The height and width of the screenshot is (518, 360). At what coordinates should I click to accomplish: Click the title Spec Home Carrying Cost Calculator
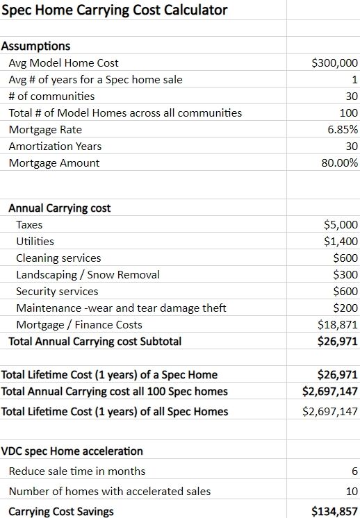(115, 10)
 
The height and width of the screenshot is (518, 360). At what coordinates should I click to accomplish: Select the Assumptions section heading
(36, 46)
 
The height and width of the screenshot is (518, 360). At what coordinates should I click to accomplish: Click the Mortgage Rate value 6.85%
(343, 129)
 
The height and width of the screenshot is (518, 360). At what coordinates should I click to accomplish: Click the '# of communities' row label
(51, 96)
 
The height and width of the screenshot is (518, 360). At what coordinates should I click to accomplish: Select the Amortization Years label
(55, 146)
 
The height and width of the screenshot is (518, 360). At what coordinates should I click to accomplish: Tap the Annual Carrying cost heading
(60, 208)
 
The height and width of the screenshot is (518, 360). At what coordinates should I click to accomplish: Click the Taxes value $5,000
(341, 225)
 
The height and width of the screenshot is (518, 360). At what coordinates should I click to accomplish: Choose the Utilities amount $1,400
(341, 242)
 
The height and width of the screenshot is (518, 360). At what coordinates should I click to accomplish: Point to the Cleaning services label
(58, 258)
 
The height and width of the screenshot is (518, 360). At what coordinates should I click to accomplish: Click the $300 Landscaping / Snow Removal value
(345, 275)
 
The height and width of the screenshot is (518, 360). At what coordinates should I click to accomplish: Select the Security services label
(57, 292)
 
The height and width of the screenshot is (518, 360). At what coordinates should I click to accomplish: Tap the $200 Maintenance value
(345, 308)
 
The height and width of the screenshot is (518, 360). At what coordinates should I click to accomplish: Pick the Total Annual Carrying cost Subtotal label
(95, 341)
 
